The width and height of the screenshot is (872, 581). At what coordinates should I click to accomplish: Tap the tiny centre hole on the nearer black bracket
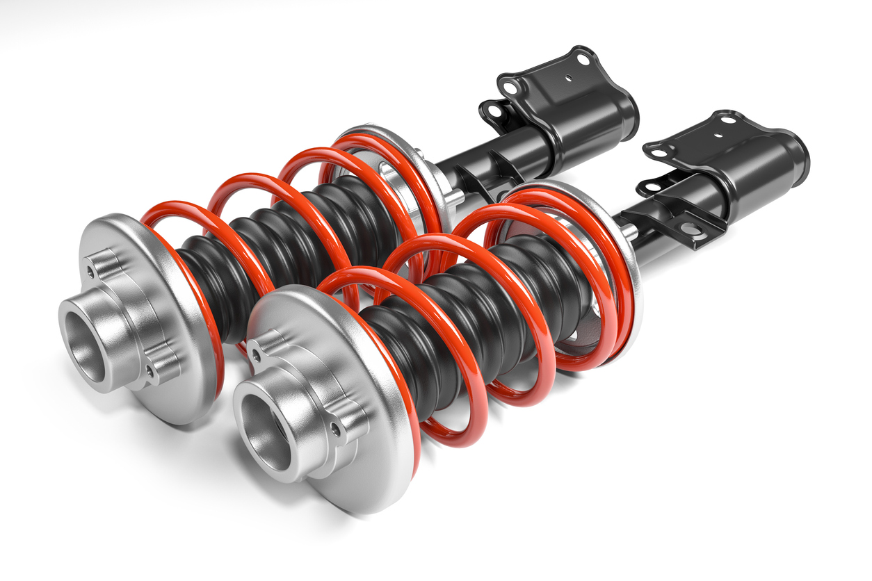pyautogui.click(x=725, y=136)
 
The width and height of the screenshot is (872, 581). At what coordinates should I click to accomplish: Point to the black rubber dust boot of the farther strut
pyautogui.click(x=278, y=236)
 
